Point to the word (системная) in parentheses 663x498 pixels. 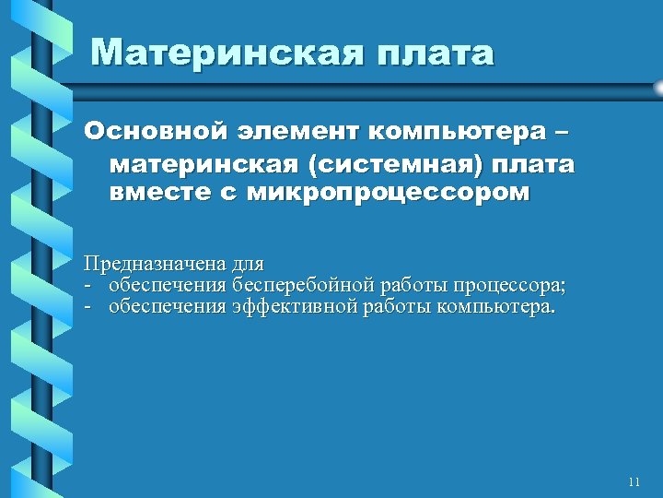(x=393, y=164)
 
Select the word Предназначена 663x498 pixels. (x=153, y=265)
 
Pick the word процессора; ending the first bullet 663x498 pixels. (x=510, y=285)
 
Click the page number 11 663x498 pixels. (x=633, y=481)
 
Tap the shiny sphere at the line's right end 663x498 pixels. (x=658, y=88)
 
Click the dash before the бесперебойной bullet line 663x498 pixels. (x=88, y=285)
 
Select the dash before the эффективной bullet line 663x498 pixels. (x=88, y=305)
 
